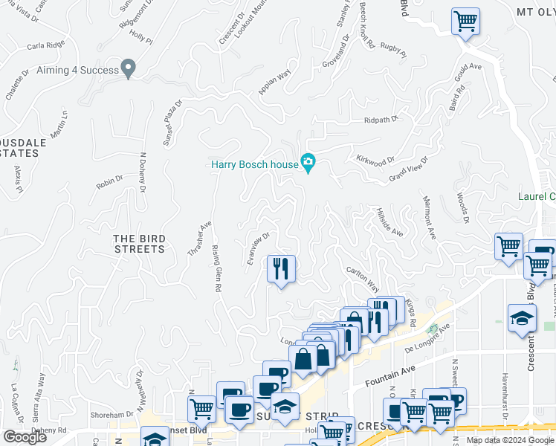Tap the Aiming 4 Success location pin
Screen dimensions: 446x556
[129, 69]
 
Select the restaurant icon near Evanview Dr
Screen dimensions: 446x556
[281, 268]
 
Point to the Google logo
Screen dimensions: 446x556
[25, 437]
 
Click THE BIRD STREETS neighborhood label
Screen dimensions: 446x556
[139, 244]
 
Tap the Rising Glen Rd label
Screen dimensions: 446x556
[217, 268]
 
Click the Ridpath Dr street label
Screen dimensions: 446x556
[381, 119]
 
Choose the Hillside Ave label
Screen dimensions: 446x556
[389, 222]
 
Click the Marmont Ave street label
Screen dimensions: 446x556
[428, 217]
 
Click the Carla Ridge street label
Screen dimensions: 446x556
[45, 46]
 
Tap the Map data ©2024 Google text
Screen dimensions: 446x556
[510, 440]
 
